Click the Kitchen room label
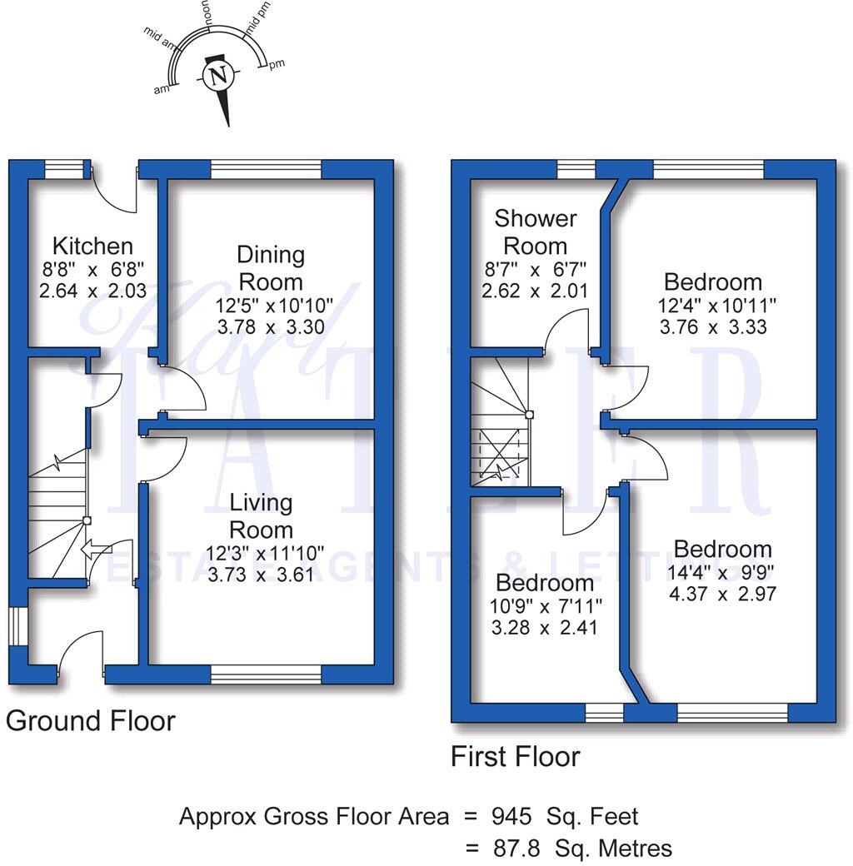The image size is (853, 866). click(92, 246)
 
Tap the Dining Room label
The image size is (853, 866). click(271, 268)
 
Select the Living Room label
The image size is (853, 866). click(261, 515)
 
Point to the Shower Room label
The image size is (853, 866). click(536, 232)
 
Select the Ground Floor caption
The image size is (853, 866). click(91, 721)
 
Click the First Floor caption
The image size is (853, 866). click(516, 756)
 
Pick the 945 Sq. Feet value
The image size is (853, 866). click(565, 816)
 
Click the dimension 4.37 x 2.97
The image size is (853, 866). click(722, 595)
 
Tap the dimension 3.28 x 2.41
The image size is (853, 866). click(544, 628)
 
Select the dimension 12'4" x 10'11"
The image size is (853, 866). click(716, 305)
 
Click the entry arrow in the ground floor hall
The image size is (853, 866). click(97, 550)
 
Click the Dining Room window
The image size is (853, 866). click(267, 169)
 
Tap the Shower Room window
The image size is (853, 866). click(576, 169)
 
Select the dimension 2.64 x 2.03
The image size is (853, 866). click(92, 291)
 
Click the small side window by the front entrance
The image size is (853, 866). click(17, 626)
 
